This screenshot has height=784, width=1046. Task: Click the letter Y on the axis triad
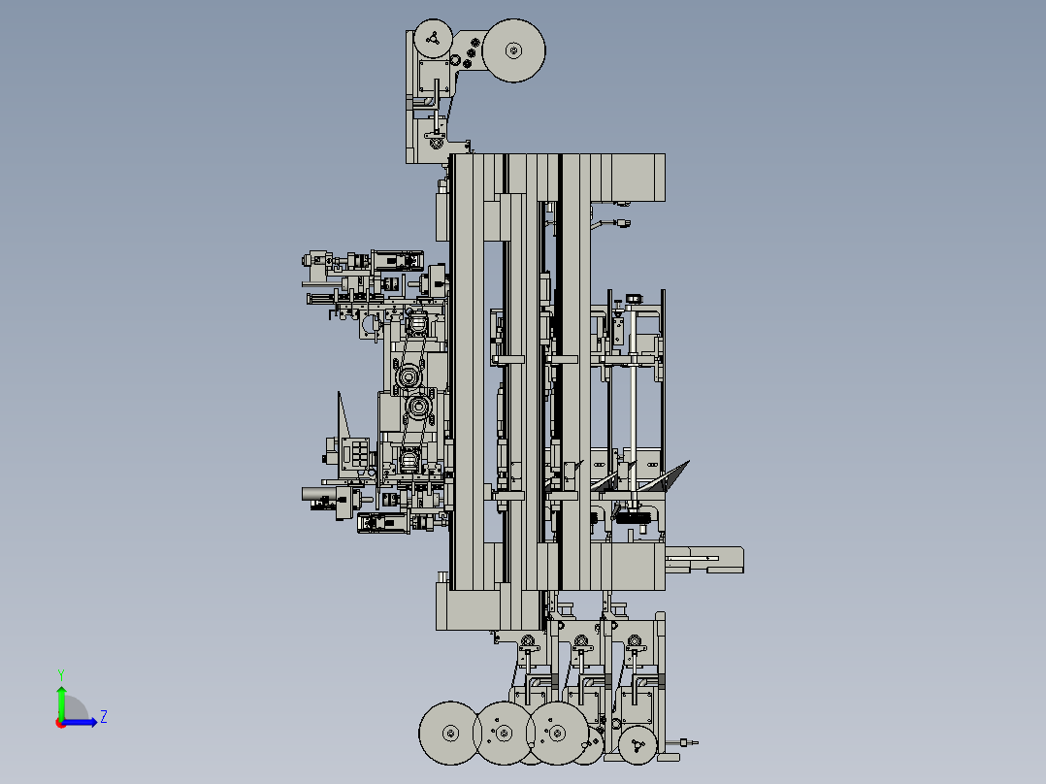[x=61, y=674]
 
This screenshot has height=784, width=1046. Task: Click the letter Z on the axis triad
[x=104, y=717]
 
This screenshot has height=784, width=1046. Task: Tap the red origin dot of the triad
[x=61, y=723]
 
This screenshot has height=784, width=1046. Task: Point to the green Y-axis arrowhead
[x=61, y=692]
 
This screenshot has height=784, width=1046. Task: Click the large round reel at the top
[x=513, y=50]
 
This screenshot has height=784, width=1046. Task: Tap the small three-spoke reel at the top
[x=433, y=39]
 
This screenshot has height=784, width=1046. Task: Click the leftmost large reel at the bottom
[x=450, y=734]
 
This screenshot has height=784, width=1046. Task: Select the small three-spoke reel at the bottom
[x=637, y=744]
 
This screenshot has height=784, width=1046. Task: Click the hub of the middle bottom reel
[x=505, y=734]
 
